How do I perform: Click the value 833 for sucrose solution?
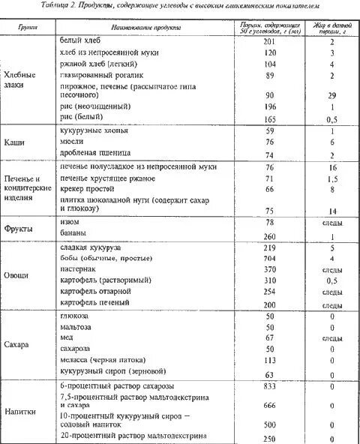click(x=250, y=384)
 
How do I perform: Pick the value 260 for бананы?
click(x=250, y=237)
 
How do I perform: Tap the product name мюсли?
click(x=73, y=141)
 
